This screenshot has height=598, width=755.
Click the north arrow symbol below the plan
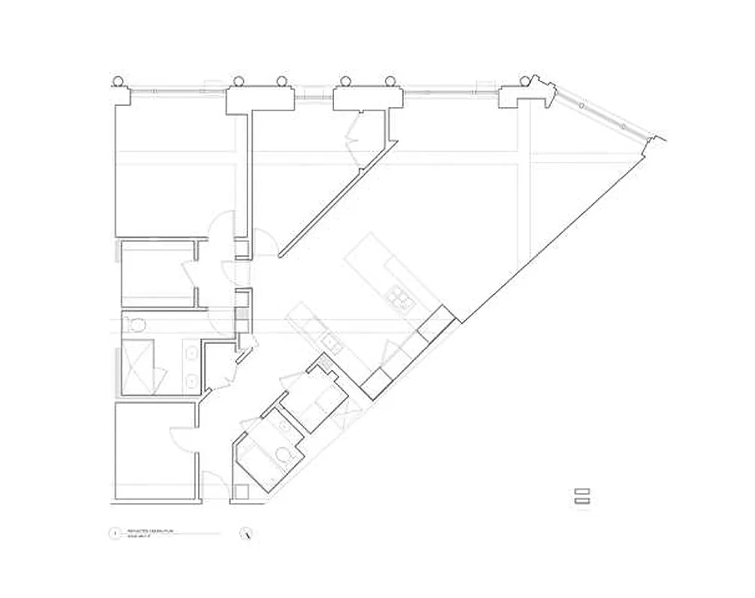(x=247, y=534)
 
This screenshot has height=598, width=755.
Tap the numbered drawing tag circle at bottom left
(x=114, y=534)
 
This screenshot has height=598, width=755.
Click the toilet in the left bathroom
(x=135, y=325)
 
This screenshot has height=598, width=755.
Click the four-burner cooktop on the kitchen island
(x=399, y=298)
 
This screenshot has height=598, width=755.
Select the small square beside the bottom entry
(x=241, y=491)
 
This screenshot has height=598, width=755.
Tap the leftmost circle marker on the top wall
(x=118, y=81)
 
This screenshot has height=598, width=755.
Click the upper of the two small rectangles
(x=582, y=492)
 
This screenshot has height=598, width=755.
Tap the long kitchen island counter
(x=381, y=273)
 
